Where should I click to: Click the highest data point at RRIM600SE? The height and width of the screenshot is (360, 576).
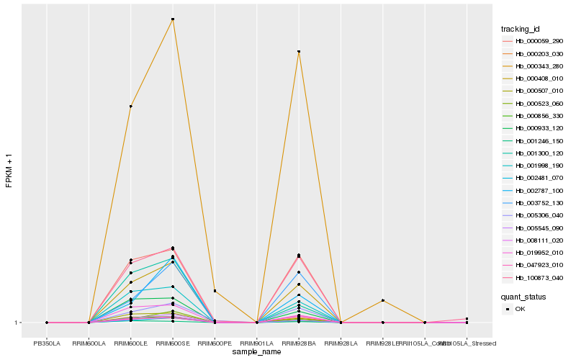pos(173,19)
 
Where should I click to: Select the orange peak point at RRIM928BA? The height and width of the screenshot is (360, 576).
pos(299,52)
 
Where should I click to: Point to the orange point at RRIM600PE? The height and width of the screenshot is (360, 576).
pos(215,291)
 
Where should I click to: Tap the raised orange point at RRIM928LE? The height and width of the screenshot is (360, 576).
pos(383,300)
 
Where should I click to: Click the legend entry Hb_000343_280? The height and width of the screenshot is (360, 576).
pos(539,66)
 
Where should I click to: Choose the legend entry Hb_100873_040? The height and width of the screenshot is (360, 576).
pos(539,277)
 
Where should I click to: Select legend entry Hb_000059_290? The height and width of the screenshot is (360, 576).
pos(539,42)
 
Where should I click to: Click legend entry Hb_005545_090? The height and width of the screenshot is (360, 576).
pos(539,228)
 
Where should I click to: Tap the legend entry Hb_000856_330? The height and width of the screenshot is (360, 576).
pos(539,116)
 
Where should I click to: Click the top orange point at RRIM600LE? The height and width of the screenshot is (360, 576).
pos(131,107)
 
